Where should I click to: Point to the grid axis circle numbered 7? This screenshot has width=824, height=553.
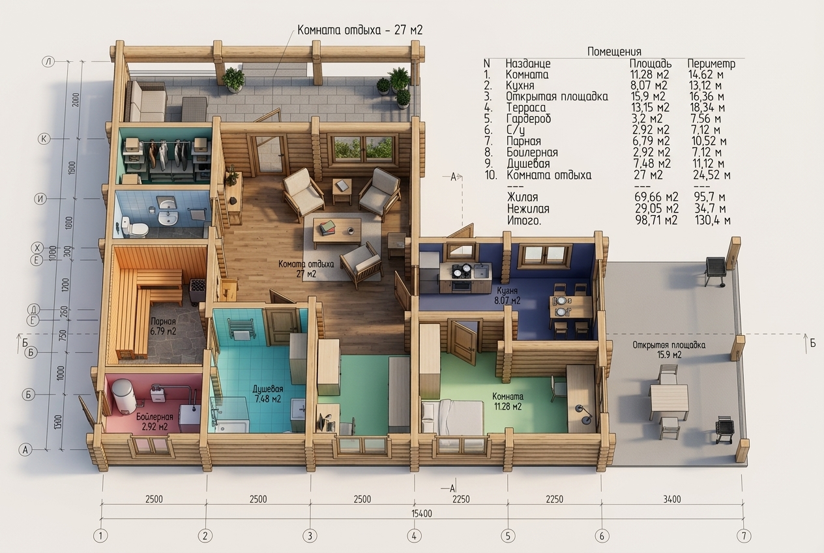[x=743, y=536]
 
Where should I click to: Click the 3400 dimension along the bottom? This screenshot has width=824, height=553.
[x=671, y=500]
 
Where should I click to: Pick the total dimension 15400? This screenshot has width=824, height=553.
[x=422, y=514]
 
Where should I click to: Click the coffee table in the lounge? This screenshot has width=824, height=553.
[x=336, y=232]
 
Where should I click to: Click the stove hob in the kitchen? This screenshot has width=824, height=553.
[x=462, y=270]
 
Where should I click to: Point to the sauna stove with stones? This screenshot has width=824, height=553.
[x=198, y=291]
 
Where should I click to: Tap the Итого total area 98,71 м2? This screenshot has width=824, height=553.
[x=656, y=220]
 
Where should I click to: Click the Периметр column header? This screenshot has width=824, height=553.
[x=711, y=64]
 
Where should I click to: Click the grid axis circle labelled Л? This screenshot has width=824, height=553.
[x=49, y=61]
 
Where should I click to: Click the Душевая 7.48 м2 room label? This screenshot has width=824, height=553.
[x=268, y=394]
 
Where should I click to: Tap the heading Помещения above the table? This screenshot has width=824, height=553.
[x=614, y=52]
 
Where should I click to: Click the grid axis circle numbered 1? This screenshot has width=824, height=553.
[x=100, y=536]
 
